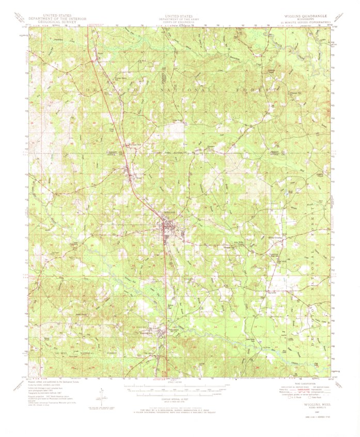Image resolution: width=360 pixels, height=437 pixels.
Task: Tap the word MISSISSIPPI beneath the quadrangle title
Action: (298, 20)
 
